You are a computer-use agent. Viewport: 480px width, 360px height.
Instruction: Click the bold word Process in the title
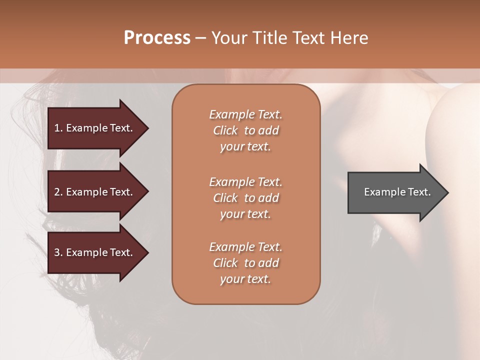coord(157,38)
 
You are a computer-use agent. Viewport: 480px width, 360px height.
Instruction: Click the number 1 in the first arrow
coord(57,128)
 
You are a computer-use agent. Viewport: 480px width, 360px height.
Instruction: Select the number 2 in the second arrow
coord(57,192)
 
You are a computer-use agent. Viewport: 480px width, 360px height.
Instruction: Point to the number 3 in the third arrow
coord(57,253)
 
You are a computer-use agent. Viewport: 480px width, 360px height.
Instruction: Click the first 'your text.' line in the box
coord(245,147)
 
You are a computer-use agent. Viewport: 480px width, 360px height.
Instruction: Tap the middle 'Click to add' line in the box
coord(245,198)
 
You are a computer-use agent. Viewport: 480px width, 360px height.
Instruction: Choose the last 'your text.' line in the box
coord(245,279)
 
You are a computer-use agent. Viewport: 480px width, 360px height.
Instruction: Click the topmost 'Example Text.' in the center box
coord(245,114)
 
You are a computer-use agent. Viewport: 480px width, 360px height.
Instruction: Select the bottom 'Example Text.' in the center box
coord(245,247)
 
